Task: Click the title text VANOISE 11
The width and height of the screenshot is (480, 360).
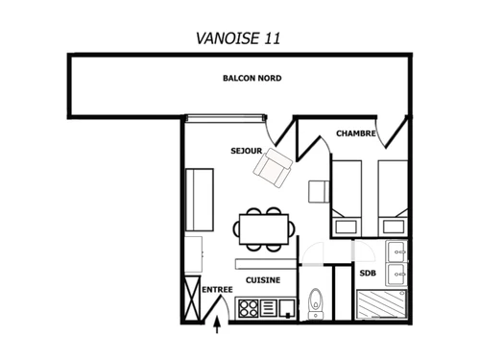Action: click(x=239, y=37)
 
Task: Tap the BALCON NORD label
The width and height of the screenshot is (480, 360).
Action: click(x=252, y=78)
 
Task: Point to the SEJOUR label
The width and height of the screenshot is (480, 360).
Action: click(x=246, y=152)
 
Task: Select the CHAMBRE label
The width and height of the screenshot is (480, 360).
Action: click(x=354, y=132)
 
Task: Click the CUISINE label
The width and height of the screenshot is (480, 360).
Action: click(x=263, y=280)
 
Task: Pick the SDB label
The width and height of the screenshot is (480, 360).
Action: click(x=368, y=274)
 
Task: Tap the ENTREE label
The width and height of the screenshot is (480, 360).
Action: click(x=217, y=289)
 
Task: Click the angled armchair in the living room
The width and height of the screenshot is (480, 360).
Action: click(x=274, y=167)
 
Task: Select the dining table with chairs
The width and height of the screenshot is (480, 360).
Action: click(x=262, y=229)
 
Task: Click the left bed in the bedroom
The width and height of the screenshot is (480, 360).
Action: click(x=346, y=197)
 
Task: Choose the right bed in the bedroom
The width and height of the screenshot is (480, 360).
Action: click(x=393, y=197)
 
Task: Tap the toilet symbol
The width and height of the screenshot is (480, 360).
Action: click(x=316, y=303)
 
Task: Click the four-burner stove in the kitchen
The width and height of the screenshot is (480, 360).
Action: click(x=249, y=308)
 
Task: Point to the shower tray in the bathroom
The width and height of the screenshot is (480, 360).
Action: click(x=381, y=305)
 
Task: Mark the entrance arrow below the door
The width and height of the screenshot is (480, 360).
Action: click(x=218, y=325)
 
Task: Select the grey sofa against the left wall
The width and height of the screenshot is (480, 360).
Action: click(x=201, y=199)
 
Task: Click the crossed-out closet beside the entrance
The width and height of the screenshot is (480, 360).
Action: click(x=192, y=301)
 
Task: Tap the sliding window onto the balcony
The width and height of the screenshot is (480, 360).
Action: click(x=225, y=118)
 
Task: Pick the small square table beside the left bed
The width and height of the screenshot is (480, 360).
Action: click(x=319, y=190)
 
